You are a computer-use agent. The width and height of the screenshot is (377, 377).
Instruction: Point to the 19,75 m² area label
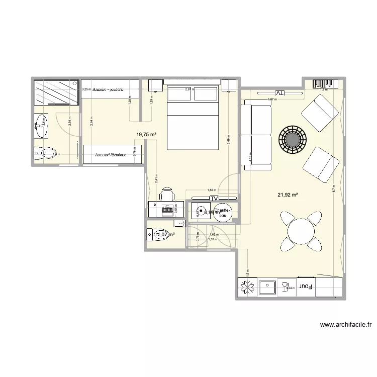tap(147, 134)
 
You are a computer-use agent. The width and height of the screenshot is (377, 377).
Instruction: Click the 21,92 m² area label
tap(287, 195)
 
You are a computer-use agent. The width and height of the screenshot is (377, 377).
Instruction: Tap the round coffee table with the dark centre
tap(293, 138)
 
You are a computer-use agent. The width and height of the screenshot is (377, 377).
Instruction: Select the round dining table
tap(301, 231)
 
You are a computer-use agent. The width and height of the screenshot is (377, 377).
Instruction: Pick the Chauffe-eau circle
tap(222, 213)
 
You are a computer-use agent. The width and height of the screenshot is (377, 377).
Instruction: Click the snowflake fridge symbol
tap(247, 288)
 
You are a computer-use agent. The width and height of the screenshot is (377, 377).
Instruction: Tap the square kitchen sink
tap(267, 288)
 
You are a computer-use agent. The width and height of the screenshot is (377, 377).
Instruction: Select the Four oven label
tap(306, 288)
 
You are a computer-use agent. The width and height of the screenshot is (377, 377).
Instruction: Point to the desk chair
tap(167, 196)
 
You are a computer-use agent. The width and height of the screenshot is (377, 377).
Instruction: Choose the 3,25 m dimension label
tap(86, 89)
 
